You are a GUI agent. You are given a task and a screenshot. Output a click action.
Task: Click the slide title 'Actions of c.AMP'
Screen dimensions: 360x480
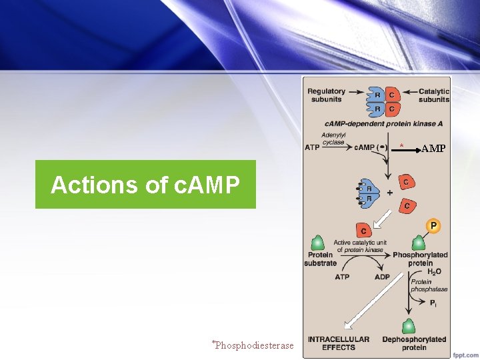145,185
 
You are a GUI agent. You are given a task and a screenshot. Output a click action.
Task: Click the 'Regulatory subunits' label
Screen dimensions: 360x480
327,95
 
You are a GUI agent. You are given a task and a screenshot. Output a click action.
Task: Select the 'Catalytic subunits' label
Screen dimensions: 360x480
434,95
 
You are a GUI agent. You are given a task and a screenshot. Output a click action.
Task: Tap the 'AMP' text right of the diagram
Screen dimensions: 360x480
433,148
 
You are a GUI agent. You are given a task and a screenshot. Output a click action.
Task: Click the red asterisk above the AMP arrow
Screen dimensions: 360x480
401,145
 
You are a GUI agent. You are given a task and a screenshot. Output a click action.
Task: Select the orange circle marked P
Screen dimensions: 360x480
433,226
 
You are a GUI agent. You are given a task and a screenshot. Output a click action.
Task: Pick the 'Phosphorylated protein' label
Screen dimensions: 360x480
420,259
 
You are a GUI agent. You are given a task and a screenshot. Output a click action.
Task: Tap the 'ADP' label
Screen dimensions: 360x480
382,277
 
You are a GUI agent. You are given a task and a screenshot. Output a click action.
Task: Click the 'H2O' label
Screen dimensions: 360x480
434,273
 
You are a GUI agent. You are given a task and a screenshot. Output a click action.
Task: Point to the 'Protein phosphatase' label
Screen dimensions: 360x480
429,285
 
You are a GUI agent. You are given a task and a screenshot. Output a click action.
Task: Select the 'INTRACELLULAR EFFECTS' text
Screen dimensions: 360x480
338,343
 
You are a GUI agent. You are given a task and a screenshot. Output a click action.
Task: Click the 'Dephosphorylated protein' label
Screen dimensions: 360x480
414,343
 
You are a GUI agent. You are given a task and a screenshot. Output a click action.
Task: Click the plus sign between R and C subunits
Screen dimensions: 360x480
389,193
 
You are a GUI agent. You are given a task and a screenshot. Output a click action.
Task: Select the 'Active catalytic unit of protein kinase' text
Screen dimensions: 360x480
359,246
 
